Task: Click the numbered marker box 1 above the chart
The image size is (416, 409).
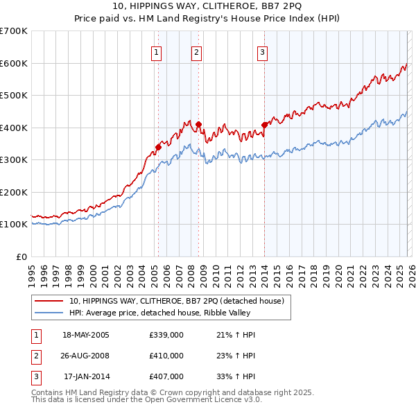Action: click(157, 52)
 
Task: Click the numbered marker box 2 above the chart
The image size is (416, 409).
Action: click(197, 52)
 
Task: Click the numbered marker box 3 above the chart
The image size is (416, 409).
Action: click(263, 52)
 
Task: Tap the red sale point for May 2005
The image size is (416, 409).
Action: click(158, 147)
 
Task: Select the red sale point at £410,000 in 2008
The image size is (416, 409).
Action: click(198, 124)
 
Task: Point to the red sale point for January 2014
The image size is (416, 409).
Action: click(264, 125)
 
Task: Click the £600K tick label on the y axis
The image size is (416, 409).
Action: click(13, 63)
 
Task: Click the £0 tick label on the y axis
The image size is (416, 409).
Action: click(21, 256)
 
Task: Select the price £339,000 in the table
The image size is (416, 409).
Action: click(166, 335)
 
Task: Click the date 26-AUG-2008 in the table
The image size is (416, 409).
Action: click(86, 356)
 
